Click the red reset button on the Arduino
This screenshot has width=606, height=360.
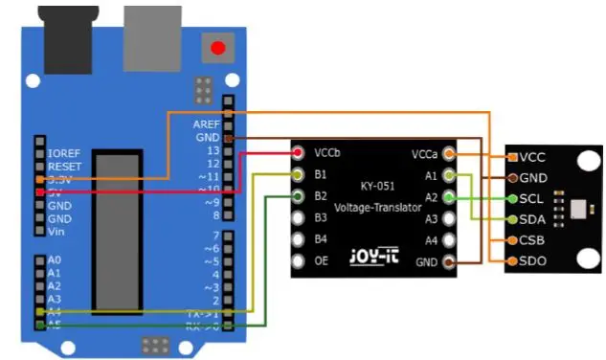[218, 46]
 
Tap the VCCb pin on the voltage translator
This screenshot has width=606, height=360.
[299, 153]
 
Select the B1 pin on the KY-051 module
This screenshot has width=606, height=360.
[299, 175]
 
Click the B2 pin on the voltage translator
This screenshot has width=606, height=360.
[299, 197]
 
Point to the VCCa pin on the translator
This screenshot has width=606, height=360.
[450, 153]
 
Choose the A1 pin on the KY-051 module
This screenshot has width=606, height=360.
[450, 175]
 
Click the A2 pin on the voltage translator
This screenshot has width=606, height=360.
[450, 197]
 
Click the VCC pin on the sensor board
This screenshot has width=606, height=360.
[514, 157]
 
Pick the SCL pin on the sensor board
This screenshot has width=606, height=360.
[514, 198]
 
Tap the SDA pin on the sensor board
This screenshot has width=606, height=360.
[514, 219]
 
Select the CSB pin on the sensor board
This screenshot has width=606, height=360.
[514, 240]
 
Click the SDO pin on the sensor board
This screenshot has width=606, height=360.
[514, 261]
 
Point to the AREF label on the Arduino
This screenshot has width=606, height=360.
[206, 124]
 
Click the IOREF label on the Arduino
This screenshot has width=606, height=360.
[62, 152]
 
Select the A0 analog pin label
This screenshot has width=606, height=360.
[54, 259]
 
